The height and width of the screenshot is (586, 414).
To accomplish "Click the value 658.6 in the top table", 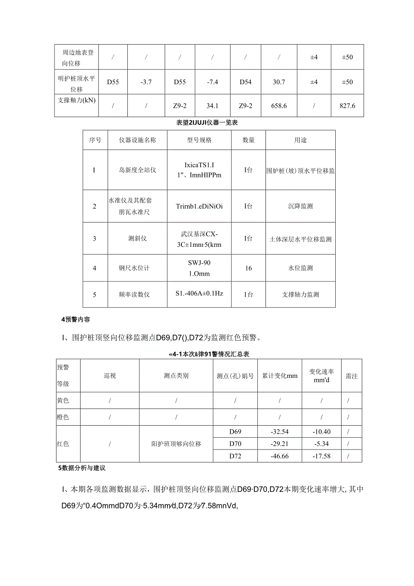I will click(280, 106).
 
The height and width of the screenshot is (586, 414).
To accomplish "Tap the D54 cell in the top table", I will click(246, 82).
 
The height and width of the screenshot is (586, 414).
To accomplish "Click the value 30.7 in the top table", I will click(280, 82).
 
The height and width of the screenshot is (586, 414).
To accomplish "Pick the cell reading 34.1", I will click(212, 106).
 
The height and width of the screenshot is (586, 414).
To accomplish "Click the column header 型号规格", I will click(199, 140).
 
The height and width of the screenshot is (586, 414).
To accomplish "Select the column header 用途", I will click(300, 140).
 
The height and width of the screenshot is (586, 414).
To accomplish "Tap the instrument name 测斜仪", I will click(137, 239).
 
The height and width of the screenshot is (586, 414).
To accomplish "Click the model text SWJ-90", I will click(199, 263).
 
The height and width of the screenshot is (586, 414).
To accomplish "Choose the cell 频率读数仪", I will click(137, 295).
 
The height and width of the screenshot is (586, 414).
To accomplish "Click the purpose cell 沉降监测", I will click(300, 206).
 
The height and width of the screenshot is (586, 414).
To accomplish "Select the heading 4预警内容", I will click(76, 319).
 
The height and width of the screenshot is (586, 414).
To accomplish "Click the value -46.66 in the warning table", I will click(280, 456).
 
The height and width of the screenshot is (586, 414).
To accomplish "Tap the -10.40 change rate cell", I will click(321, 432).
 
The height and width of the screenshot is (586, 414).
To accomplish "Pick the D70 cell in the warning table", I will click(235, 444).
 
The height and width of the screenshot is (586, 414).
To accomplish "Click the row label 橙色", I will click(63, 417).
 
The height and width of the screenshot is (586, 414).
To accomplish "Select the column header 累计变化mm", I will click(280, 376).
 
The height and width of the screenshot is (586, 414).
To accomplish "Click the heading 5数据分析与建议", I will click(81, 468).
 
